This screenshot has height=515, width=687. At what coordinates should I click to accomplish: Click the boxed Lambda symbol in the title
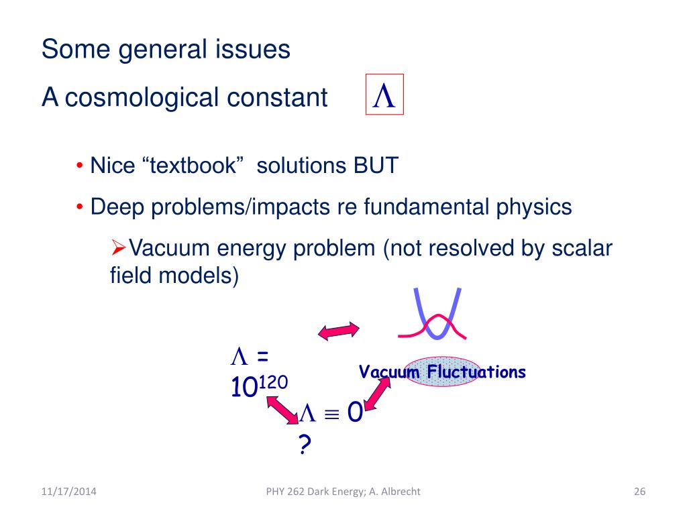tap(384, 96)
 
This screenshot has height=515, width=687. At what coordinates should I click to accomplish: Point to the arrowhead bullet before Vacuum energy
tap(118, 249)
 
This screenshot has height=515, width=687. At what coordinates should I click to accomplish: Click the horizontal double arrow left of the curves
tap(339, 330)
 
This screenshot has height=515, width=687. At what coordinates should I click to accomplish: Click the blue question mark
tap(305, 444)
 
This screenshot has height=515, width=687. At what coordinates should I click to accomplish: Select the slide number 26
tap(639, 492)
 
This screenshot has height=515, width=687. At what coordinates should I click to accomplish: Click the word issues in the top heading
tap(258, 50)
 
